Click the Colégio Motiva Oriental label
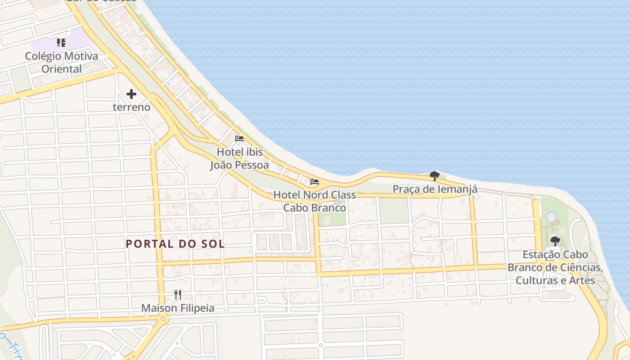[x=61, y=63]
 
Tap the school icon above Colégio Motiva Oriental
[x=61, y=43]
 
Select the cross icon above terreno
[x=131, y=94]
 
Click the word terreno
[x=131, y=108]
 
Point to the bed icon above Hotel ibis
[x=239, y=138]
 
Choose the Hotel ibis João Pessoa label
[x=239, y=158]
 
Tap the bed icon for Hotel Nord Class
[x=315, y=182]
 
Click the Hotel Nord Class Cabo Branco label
[x=315, y=201]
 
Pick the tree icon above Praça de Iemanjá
[x=434, y=175]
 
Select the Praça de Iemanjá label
[x=435, y=189]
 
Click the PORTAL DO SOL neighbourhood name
[x=175, y=244]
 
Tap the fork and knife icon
[x=178, y=295]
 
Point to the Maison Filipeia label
[x=178, y=308]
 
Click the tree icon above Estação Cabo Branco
[x=555, y=241]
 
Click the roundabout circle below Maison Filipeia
[x=163, y=319]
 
